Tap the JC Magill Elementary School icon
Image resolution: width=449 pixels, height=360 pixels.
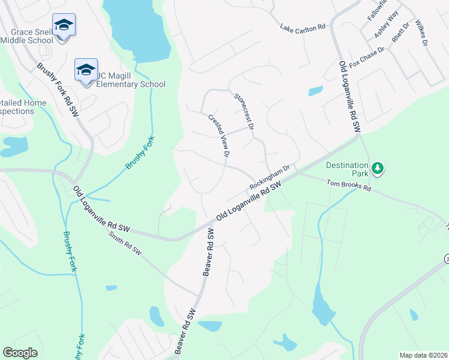point(86,70)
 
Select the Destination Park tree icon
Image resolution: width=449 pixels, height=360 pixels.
point(378,168)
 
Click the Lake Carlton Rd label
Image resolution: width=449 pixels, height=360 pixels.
point(303,27)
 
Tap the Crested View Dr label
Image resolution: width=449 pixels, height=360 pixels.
point(219,136)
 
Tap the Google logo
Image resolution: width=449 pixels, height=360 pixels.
point(20,353)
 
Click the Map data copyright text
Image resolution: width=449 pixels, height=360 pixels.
point(423,355)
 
